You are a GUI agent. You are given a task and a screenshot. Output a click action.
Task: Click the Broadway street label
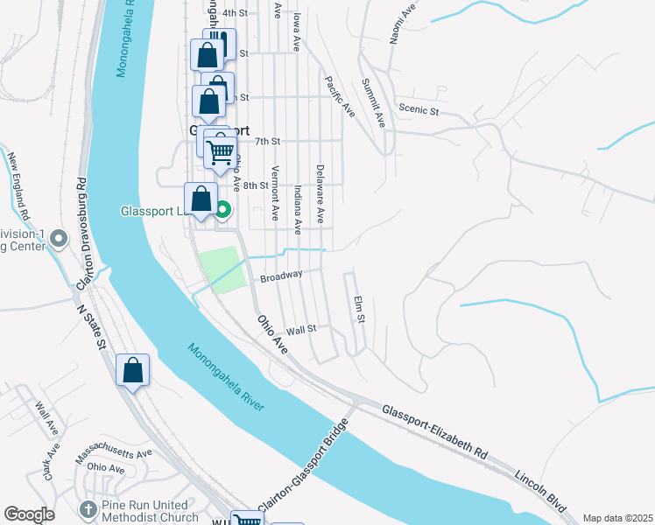(281, 276)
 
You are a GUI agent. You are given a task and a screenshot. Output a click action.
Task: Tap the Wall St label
(300, 330)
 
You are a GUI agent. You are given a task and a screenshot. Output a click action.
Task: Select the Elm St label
(358, 309)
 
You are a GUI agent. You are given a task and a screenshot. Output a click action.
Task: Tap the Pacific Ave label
(339, 97)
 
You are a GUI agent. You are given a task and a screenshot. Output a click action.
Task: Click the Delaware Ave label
(320, 192)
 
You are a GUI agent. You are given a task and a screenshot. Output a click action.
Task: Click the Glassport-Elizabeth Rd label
(434, 433)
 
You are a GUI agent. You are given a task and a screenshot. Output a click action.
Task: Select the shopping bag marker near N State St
(132, 370)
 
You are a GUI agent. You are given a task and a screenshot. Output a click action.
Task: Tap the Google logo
(29, 515)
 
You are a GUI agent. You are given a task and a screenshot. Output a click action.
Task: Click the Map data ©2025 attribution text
(616, 518)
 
